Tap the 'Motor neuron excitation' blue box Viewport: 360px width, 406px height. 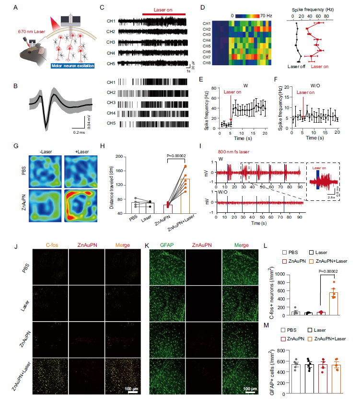pos(71,66)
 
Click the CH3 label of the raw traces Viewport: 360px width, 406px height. pos(111,42)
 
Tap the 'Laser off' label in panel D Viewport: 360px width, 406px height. pos(296,67)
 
